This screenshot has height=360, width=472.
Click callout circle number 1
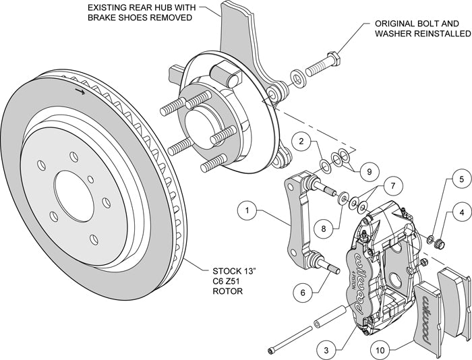coord(248,211)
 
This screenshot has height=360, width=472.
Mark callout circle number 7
coord(390,185)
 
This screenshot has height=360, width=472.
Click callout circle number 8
coord(324,229)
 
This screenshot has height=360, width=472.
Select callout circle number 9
coord(365,172)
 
